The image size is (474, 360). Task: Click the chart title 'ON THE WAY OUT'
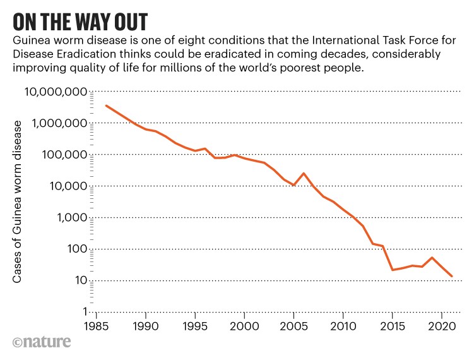click(x=81, y=21)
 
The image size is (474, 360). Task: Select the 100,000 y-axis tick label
click(x=61, y=155)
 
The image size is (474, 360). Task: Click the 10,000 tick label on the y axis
click(x=64, y=186)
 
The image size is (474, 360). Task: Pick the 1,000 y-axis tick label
click(x=68, y=218)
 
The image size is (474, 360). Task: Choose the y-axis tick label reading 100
click(x=74, y=249)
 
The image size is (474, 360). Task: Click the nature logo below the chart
click(x=41, y=344)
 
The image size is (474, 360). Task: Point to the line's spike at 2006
click(x=304, y=173)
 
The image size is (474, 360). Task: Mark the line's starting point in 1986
click(x=106, y=105)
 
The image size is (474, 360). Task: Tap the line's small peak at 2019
click(x=432, y=258)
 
